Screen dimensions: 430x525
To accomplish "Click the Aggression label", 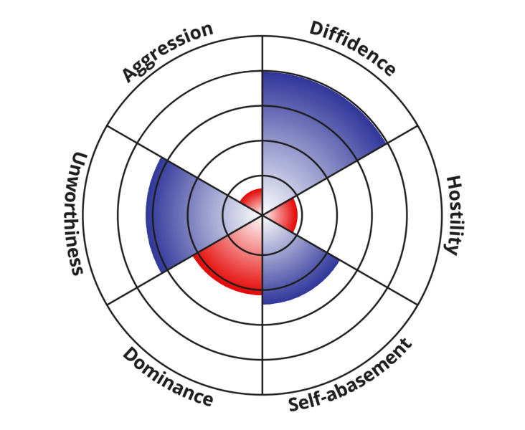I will pos(167,52).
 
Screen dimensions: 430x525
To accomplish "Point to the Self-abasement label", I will pos(351,376).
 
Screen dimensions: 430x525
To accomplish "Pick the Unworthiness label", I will pos(77,214).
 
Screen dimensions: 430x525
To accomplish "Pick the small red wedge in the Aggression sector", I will pos(251,199).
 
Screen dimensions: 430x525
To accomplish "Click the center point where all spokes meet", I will pos(262,215).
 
